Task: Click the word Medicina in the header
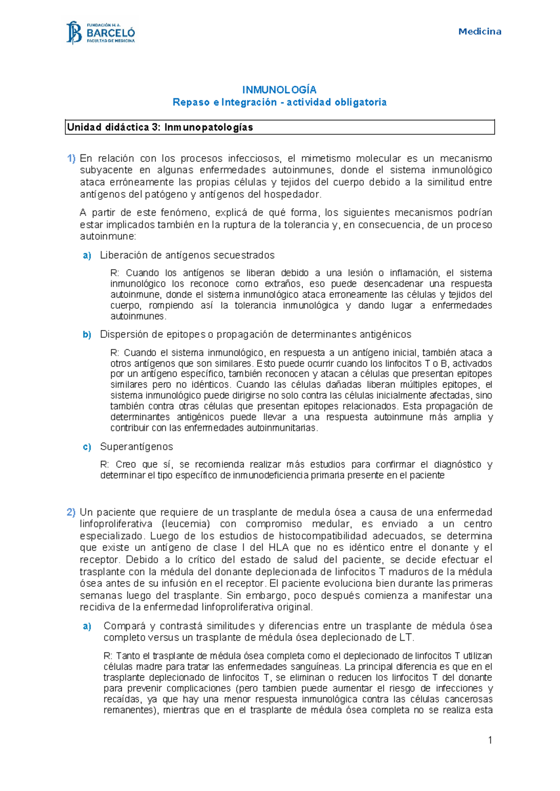coord(479,32)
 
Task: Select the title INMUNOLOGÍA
coord(279,90)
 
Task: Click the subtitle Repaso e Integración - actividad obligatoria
coord(279,102)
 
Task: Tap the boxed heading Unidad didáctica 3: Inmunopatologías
coord(160,127)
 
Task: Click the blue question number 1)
coord(71,159)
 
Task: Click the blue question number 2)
coord(71,512)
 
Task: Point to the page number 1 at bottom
coord(490,740)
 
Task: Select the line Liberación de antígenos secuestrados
coord(187,255)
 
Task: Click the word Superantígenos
coord(136,447)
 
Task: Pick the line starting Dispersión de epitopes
coord(255,334)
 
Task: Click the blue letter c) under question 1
coord(87,447)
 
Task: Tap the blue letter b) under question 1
coord(87,335)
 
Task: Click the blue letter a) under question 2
coord(87,626)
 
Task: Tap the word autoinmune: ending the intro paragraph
coord(108,236)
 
